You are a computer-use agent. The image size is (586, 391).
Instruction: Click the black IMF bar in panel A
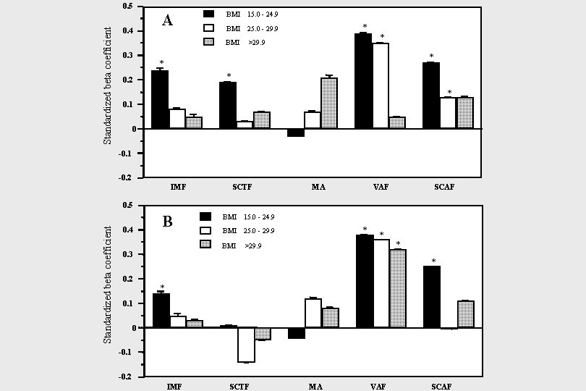pos(160,99)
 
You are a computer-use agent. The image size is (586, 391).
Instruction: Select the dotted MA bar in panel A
pos(329,103)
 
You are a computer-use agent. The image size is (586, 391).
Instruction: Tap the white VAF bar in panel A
pos(381,85)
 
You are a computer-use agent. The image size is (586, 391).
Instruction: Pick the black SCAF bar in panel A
pos(431,96)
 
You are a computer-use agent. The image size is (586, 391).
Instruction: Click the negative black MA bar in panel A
pos(296,133)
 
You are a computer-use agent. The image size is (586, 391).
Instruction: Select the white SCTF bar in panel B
pos(246,345)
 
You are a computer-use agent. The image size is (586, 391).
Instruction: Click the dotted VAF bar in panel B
pos(398,288)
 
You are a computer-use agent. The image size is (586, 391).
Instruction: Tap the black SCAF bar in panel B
pos(432,297)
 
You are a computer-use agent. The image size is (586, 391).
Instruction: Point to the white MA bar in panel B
pos(313,313)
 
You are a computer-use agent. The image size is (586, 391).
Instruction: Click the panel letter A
pos(167,20)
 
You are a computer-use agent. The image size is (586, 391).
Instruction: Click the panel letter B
pos(167,222)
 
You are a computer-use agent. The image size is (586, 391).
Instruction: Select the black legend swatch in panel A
pos(208,14)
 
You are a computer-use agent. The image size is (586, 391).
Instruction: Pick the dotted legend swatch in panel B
pos(205,245)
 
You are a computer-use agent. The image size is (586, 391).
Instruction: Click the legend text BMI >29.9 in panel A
pos(245,42)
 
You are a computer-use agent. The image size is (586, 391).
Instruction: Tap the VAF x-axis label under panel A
pos(381,187)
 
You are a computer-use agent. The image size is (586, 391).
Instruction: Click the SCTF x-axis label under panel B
pos(239,387)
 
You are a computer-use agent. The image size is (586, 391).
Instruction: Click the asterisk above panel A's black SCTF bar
pos(229,76)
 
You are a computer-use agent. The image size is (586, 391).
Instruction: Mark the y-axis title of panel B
pos(108,285)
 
